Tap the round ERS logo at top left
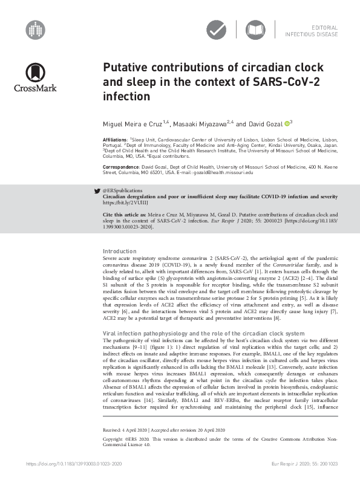click(x=36, y=28)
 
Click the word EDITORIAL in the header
click(x=324, y=28)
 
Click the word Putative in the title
click(x=126, y=68)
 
